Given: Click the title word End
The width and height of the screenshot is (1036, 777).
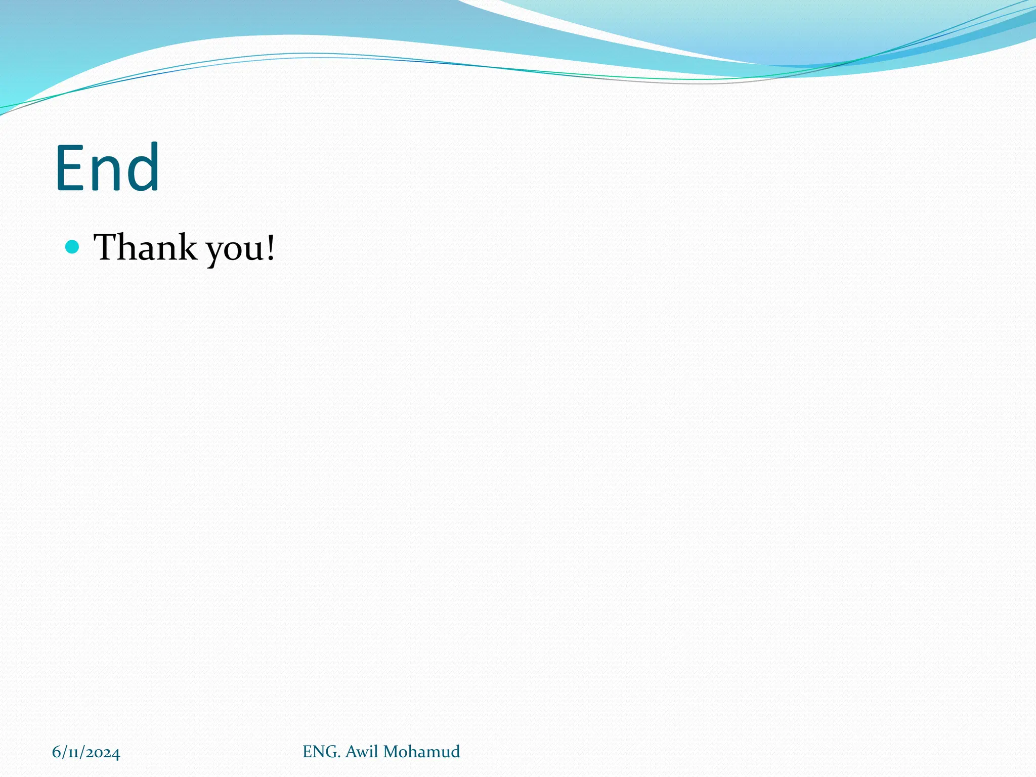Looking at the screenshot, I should (107, 168).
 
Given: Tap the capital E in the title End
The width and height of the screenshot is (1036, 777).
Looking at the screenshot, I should (69, 168).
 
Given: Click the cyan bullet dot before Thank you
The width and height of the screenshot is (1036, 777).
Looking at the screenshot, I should (73, 247).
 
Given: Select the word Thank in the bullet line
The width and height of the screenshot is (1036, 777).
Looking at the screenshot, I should (145, 247).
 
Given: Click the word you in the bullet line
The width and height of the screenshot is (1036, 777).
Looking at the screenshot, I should (231, 250).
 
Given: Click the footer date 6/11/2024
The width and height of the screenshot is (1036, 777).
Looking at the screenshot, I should (86, 752).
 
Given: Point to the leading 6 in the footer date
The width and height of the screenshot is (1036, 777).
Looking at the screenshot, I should (56, 752).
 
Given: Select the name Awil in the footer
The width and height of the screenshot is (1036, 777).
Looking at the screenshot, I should (362, 752).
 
